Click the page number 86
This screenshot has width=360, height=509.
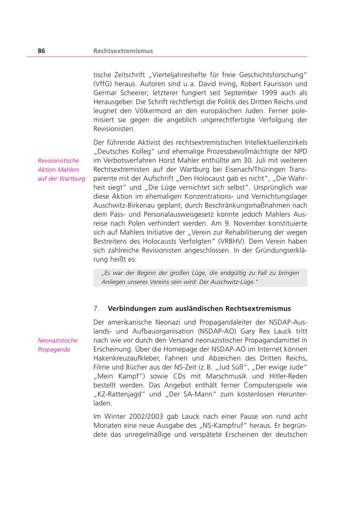tap(42, 51)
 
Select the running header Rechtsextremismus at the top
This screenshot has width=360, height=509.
tap(123, 51)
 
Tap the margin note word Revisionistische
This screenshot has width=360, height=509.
tap(58, 161)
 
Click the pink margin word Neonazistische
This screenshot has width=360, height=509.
tap(58, 341)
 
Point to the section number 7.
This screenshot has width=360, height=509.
tap(96, 309)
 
